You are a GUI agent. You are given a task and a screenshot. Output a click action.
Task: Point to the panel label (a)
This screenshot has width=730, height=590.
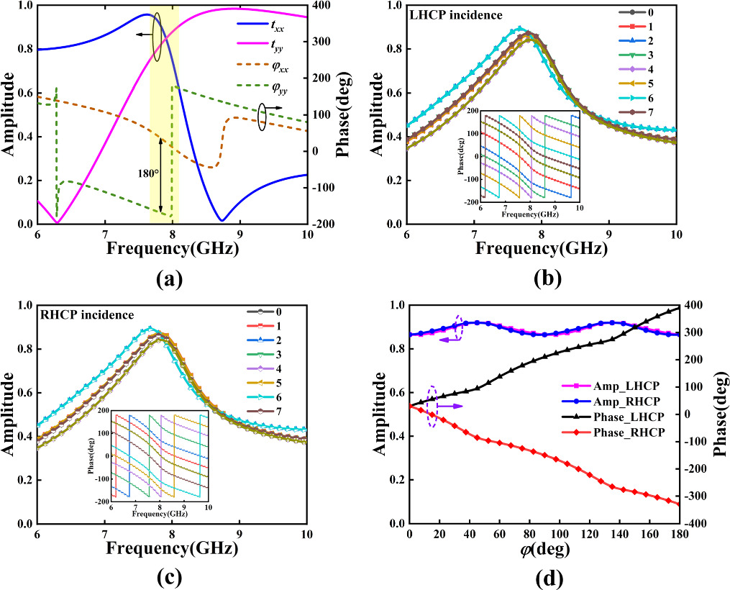coord(171,280)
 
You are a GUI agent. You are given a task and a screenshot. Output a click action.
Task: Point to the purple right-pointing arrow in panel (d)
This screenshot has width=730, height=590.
coord(449,407)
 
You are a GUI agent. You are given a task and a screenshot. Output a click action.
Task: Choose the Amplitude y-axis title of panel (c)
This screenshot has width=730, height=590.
coord(10,416)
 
